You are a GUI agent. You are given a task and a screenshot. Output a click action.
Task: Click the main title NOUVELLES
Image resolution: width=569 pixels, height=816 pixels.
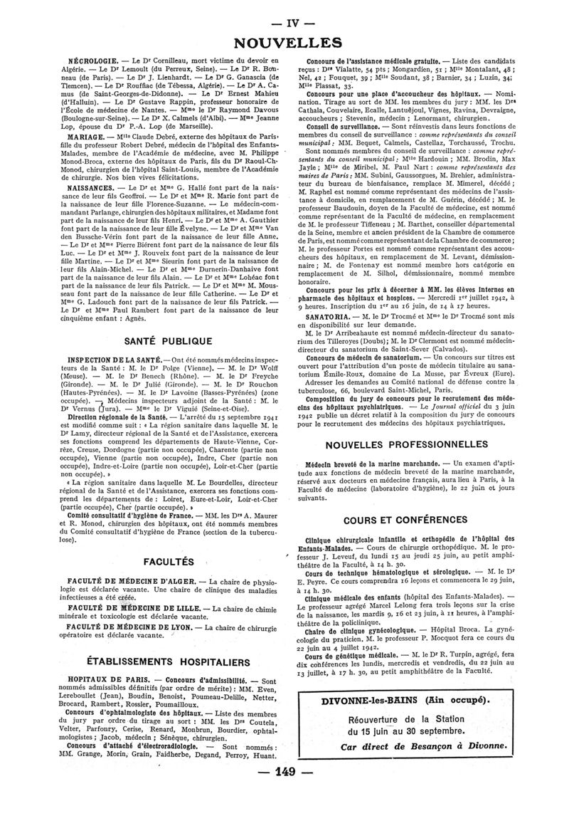click(x=284, y=43)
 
